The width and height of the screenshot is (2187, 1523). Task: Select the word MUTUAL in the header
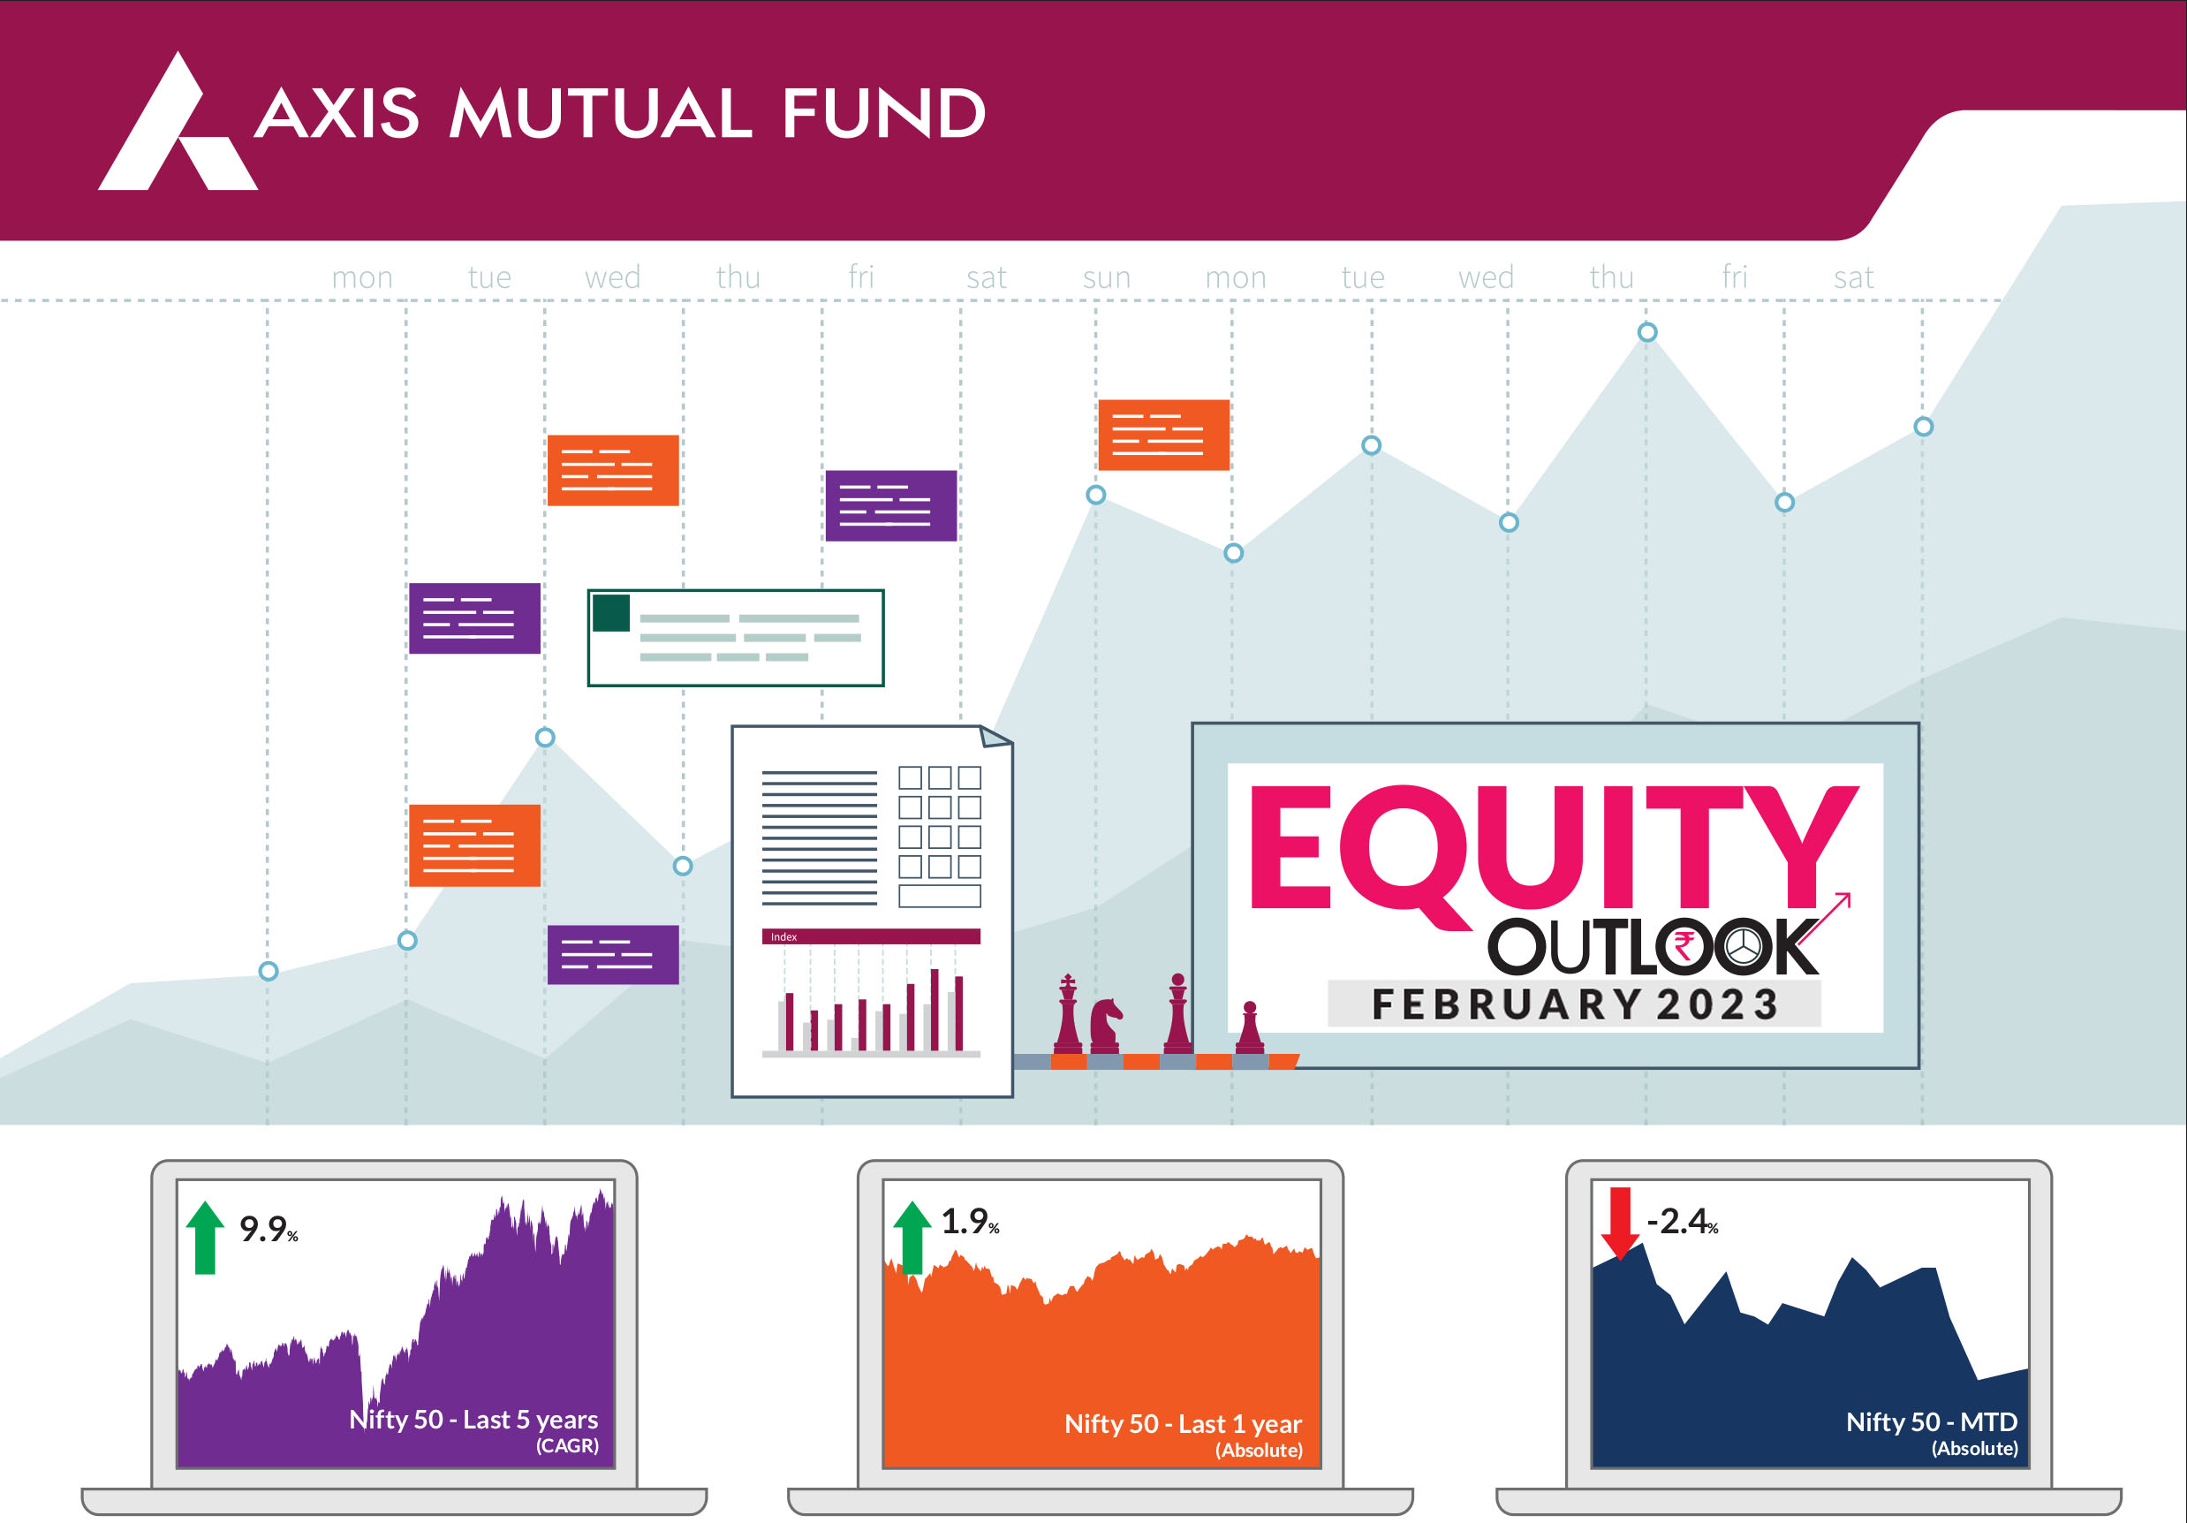coord(601,113)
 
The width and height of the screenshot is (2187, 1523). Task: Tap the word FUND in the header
coord(884,113)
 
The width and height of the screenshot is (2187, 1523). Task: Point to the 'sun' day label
coord(1106,277)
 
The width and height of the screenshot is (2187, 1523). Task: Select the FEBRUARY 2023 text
coord(1575,1004)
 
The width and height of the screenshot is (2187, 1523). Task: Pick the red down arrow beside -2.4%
coord(1619,1223)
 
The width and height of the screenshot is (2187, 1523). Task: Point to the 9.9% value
coord(269,1229)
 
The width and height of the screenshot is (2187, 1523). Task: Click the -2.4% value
coord(1682,1221)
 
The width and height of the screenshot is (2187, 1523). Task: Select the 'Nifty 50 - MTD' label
coord(1931,1421)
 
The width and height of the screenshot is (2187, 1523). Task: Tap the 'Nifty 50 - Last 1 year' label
coord(1182,1423)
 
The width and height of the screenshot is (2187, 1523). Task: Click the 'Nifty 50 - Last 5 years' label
coord(473,1419)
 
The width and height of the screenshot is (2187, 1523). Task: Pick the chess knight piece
coord(1105,1025)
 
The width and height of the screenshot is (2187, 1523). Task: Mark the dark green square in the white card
coord(610,612)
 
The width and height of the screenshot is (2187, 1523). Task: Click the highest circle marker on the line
coord(1647,332)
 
